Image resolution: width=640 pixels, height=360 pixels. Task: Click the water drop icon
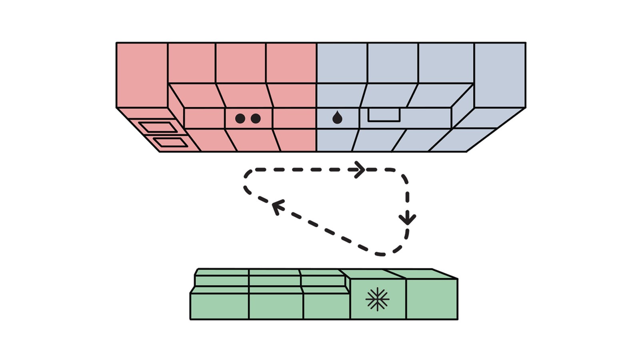click(x=338, y=118)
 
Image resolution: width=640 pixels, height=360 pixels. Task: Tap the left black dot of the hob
click(x=240, y=118)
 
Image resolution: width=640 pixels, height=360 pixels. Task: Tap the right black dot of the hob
click(x=256, y=118)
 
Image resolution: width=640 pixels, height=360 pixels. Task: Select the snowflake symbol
click(x=377, y=299)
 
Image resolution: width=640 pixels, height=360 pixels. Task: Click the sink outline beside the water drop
click(x=384, y=115)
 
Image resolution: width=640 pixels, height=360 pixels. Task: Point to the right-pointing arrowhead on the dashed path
click(x=359, y=170)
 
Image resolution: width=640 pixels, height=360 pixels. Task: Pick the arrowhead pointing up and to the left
click(x=277, y=206)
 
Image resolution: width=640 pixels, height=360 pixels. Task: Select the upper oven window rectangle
click(x=158, y=127)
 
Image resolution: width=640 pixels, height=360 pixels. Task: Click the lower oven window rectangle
click(x=171, y=142)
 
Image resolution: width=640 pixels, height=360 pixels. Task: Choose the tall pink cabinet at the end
click(x=142, y=75)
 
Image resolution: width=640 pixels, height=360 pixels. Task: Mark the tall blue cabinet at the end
click(x=500, y=75)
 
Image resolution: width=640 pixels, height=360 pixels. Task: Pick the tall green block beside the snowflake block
click(x=432, y=299)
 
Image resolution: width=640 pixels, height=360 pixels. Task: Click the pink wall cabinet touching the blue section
click(x=291, y=63)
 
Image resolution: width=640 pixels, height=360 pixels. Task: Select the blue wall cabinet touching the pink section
click(x=342, y=63)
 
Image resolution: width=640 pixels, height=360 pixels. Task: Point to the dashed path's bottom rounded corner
click(x=382, y=254)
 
